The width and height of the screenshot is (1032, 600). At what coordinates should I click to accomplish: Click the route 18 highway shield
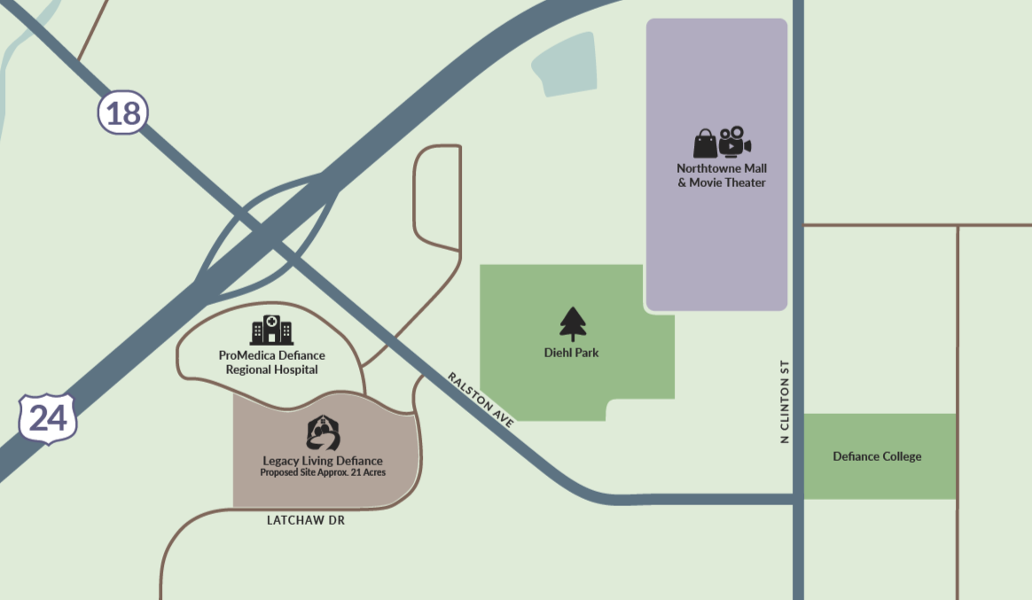pyautogui.click(x=122, y=113)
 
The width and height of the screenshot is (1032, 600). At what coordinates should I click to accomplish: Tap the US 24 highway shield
pyautogui.click(x=48, y=417)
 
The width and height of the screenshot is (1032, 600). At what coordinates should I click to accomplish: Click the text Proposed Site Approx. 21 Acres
pyautogui.click(x=322, y=472)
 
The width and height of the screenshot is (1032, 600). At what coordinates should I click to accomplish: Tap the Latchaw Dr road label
pyautogui.click(x=305, y=521)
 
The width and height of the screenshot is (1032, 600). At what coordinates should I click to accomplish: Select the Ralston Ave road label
pyautogui.click(x=481, y=401)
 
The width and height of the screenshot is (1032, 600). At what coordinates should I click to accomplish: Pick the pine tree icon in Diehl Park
pyautogui.click(x=573, y=323)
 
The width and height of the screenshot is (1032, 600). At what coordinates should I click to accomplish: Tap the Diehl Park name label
pyautogui.click(x=571, y=353)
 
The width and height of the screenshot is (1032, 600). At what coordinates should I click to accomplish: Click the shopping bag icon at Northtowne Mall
pyautogui.click(x=705, y=144)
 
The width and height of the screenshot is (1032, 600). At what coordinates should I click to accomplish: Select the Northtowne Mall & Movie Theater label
pyautogui.click(x=722, y=175)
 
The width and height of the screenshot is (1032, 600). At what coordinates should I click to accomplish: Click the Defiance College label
pyautogui.click(x=877, y=456)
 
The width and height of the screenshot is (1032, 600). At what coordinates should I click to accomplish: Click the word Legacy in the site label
pyautogui.click(x=282, y=461)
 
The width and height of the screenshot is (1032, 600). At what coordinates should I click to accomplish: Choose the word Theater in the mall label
pyautogui.click(x=743, y=183)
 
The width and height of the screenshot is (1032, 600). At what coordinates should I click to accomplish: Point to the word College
pyautogui.click(x=899, y=456)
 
